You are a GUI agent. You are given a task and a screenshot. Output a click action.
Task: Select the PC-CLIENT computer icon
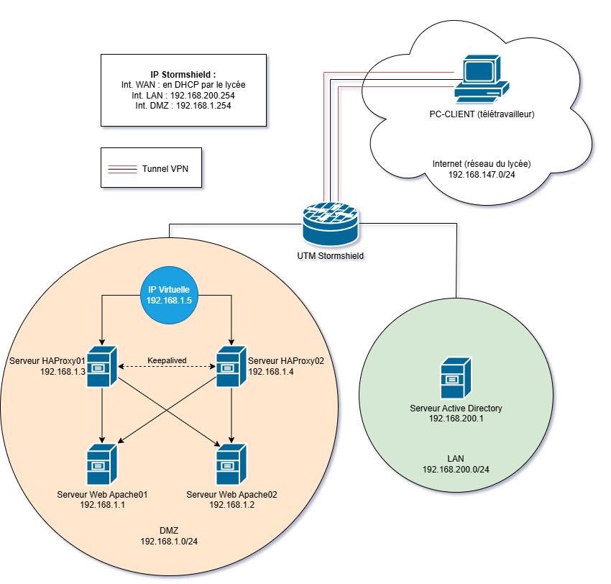point(482,79)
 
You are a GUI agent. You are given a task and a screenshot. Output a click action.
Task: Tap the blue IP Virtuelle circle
point(169,295)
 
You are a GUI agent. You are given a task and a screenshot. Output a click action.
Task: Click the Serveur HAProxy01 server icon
point(101,367)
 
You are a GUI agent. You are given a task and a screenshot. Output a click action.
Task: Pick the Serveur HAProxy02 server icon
point(231,367)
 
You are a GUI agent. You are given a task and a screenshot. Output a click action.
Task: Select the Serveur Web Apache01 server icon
point(101,465)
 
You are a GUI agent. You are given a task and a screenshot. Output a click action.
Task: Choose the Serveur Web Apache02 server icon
point(231,465)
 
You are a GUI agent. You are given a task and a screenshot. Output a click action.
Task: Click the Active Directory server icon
point(456,378)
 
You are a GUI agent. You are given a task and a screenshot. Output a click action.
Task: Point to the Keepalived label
point(167,360)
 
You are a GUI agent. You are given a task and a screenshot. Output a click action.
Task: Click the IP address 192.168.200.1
point(456,419)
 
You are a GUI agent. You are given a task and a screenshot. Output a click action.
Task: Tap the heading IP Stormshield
point(183,75)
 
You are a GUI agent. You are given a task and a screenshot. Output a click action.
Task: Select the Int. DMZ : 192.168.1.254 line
point(183,106)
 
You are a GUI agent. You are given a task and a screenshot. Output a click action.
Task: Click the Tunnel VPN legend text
point(165,169)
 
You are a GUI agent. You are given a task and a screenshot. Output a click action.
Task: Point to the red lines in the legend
point(122,169)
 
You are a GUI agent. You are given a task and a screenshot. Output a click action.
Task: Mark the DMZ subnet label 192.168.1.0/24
point(169,542)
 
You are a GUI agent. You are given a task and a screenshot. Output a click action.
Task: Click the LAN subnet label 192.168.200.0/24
point(456,470)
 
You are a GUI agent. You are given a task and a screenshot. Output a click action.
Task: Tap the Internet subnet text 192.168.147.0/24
point(482,175)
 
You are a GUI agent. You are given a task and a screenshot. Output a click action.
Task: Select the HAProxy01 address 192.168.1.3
point(63,372)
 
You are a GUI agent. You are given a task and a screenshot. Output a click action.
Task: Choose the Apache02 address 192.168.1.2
point(232,505)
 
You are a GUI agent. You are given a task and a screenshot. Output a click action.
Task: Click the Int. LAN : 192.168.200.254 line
point(183,96)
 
